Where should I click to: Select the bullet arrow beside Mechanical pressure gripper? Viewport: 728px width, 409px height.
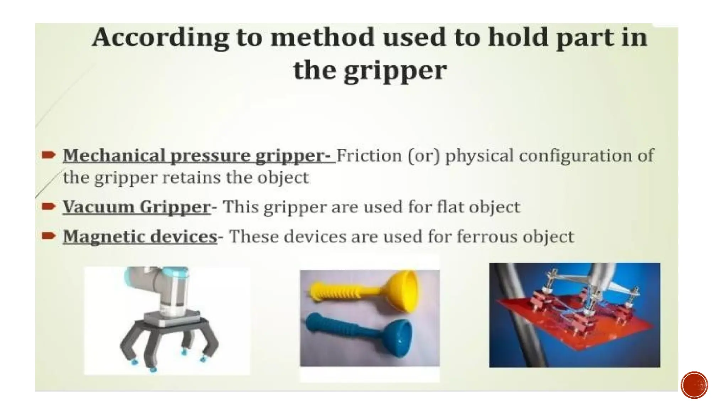[48, 155]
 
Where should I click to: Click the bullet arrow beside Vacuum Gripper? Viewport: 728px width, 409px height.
[48, 206]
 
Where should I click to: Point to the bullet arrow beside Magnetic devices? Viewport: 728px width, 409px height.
[48, 236]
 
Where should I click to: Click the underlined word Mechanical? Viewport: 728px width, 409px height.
[114, 156]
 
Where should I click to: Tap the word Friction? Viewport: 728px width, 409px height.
[369, 156]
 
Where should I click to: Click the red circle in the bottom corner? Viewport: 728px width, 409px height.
[694, 385]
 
